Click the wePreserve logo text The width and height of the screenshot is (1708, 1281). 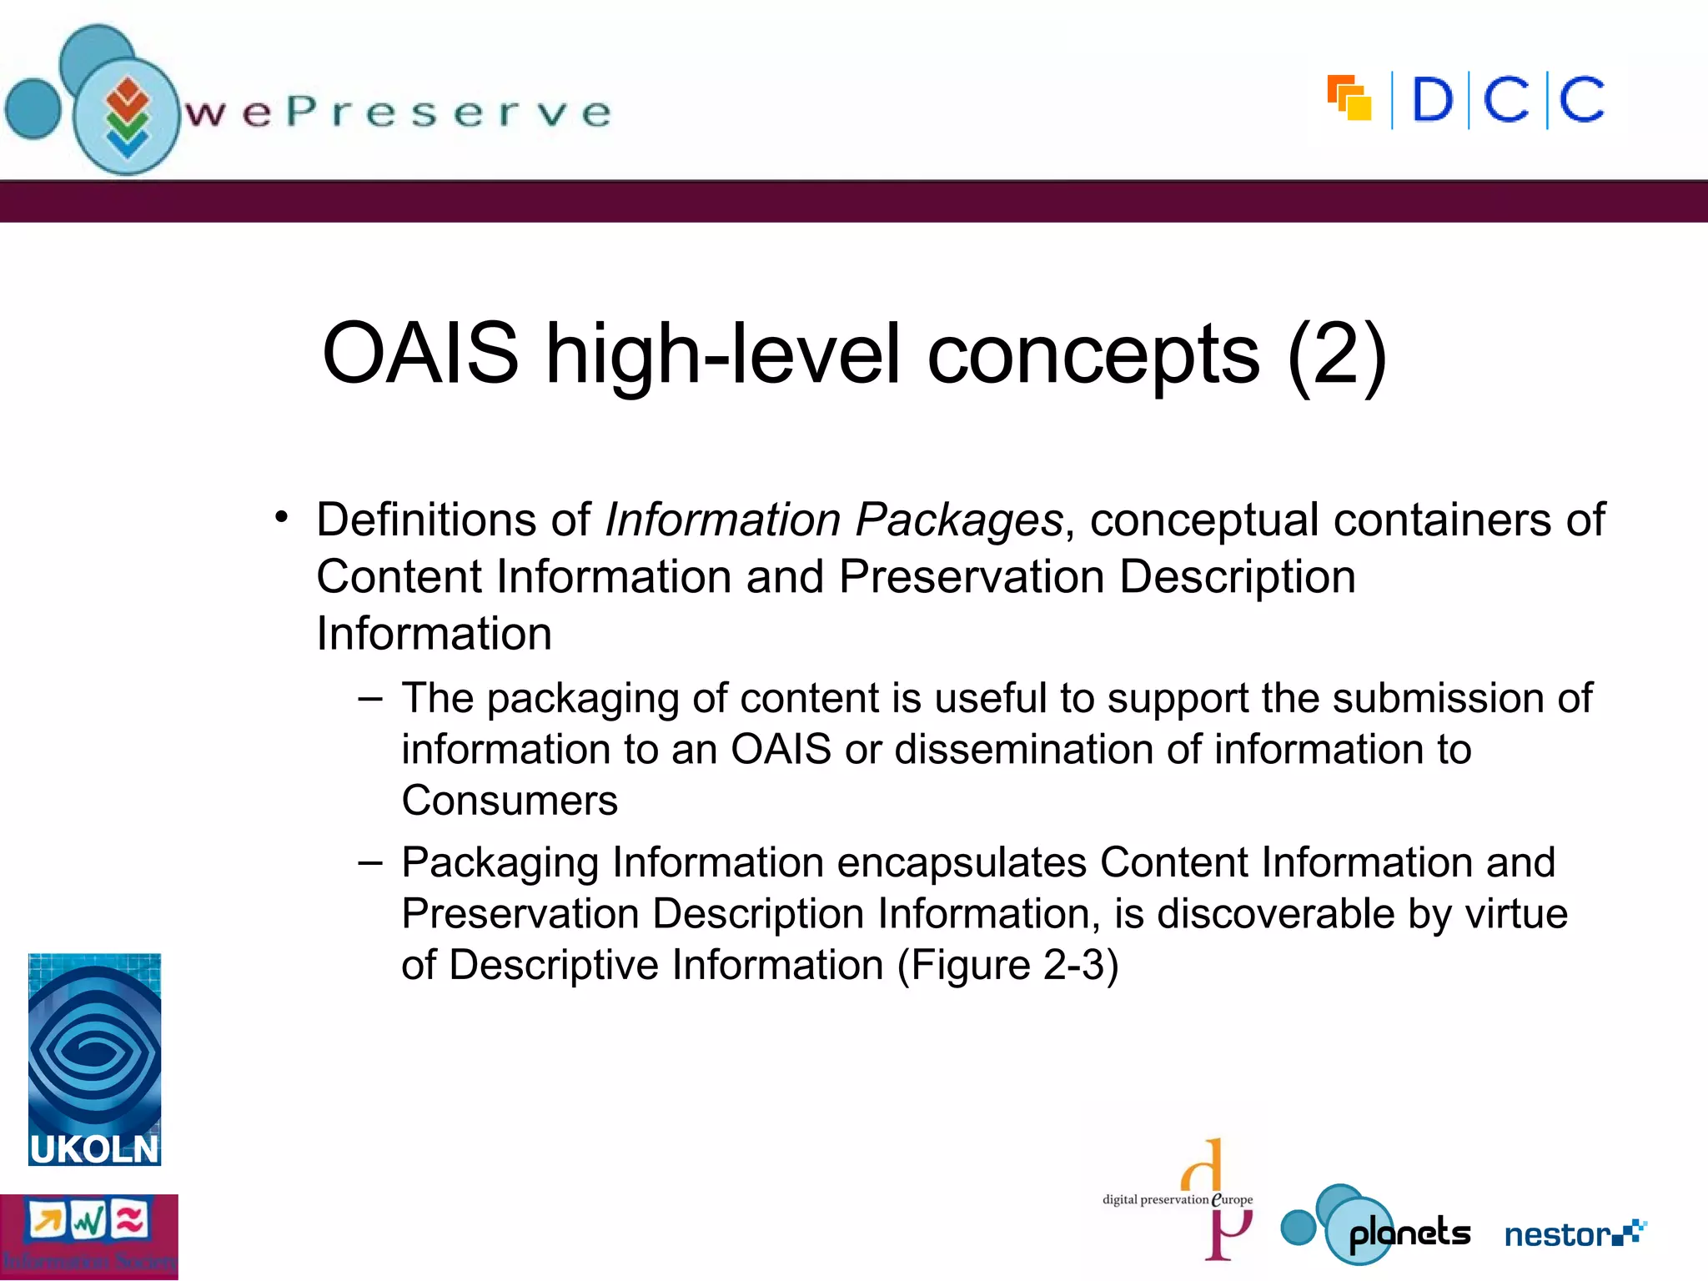coord(398,112)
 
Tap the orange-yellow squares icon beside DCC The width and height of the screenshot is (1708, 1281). coord(1349,98)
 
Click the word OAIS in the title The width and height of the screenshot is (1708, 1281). coord(420,354)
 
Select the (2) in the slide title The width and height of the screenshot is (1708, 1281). coord(1337,354)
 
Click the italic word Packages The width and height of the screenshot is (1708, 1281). coord(959,520)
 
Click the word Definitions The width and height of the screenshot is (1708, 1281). coord(425,520)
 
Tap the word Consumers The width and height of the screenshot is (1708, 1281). coord(510,801)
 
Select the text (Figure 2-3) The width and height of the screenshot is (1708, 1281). coord(1007,965)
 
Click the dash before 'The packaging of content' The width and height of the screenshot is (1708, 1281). coord(370,699)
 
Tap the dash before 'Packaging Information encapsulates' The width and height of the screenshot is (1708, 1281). coord(370,863)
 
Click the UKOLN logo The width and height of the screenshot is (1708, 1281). coord(94,1060)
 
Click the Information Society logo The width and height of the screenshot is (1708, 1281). coord(88,1236)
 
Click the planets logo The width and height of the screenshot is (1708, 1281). coord(1376,1226)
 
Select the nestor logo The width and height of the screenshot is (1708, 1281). coord(1575,1233)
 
